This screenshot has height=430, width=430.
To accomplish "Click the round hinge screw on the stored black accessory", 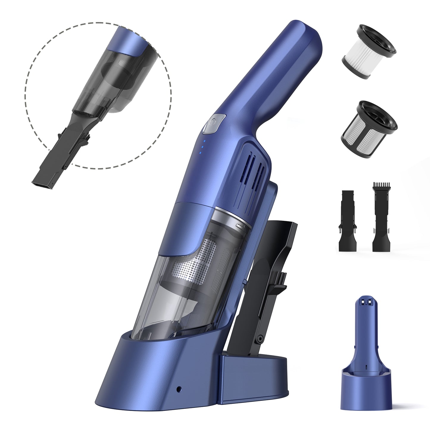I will click(x=261, y=339).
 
